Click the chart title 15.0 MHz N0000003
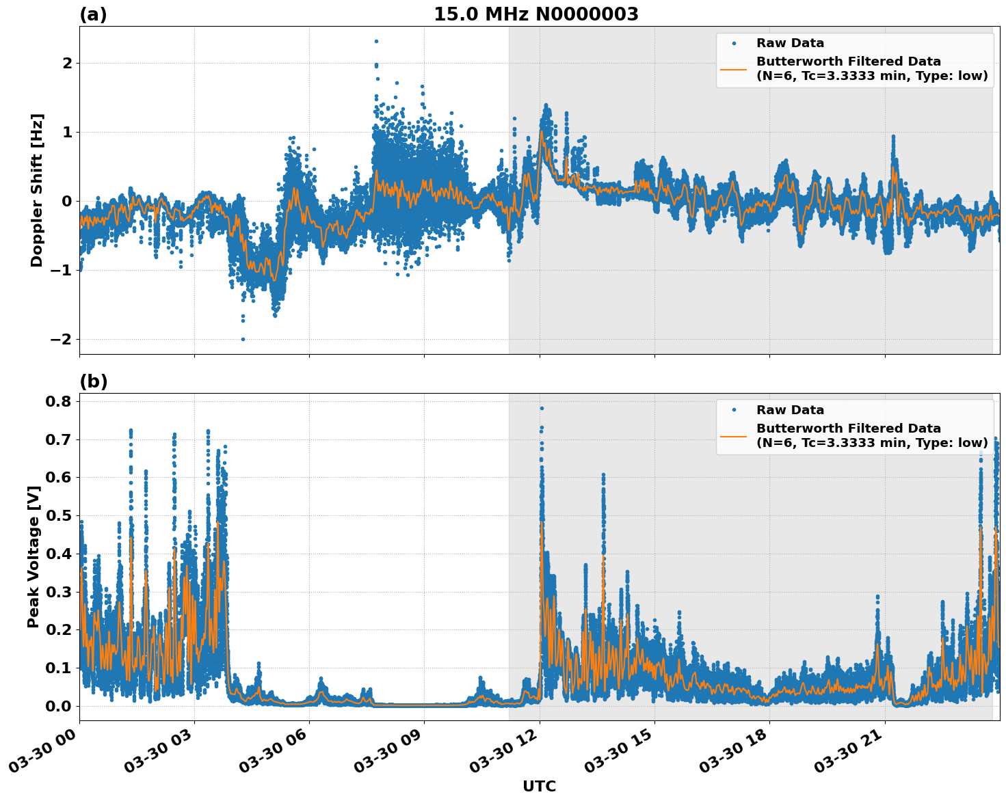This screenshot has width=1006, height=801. click(x=535, y=14)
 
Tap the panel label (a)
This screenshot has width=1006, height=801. click(x=93, y=14)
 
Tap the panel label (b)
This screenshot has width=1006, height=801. click(x=94, y=381)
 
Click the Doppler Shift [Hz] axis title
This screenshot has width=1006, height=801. click(x=37, y=190)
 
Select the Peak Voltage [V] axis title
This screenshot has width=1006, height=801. click(x=34, y=556)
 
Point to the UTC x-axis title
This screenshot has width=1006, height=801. click(x=539, y=786)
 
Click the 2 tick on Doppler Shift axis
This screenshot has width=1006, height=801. click(x=67, y=64)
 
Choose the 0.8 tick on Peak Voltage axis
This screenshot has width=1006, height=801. click(x=59, y=401)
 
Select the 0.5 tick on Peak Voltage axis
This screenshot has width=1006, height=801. click(x=59, y=515)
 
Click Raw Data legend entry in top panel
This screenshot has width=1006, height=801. click(x=790, y=43)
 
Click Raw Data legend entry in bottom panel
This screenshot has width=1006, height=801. click(x=790, y=410)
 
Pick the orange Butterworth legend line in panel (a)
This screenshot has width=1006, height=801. click(x=734, y=68)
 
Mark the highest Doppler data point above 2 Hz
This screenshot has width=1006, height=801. click(x=376, y=41)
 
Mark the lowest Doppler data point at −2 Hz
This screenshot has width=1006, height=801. click(x=243, y=339)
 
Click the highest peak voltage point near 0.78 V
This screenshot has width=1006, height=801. click(x=542, y=408)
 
